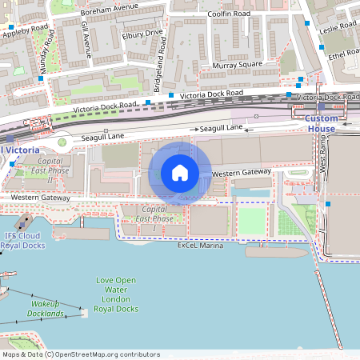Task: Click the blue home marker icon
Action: tap(180, 173)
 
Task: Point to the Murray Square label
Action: tap(237, 65)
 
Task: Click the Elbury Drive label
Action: tap(143, 33)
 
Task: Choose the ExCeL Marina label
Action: tap(200, 246)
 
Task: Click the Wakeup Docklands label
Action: tap(48, 309)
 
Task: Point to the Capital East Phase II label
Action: tap(49, 170)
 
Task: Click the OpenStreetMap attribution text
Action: tap(80, 354)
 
